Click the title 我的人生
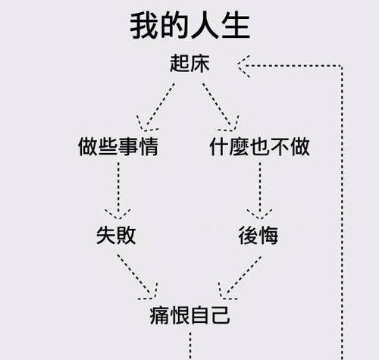point(190,27)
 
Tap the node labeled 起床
point(189,64)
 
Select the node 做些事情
point(118,146)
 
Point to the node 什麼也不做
point(259,146)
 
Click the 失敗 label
point(116,235)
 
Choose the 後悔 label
point(258,235)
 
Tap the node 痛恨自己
point(189,315)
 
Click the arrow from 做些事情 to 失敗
point(118,190)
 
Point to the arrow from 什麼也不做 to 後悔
point(260,190)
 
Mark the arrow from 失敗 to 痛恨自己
point(138,277)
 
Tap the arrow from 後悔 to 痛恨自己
point(240,278)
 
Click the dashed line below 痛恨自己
point(190,346)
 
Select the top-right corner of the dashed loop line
point(342,66)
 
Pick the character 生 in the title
point(236,27)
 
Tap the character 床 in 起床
point(200,64)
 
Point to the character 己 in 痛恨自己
point(221,315)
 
